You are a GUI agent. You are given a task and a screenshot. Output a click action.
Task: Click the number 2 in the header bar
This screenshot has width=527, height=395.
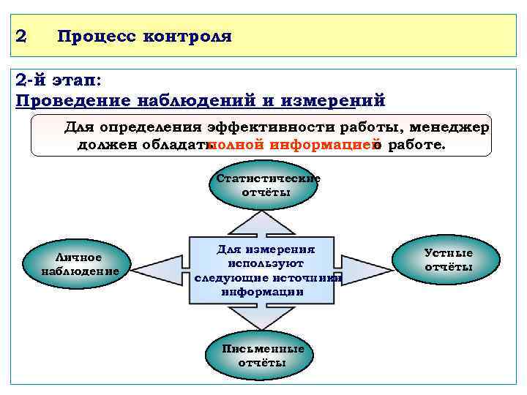[x=21, y=35]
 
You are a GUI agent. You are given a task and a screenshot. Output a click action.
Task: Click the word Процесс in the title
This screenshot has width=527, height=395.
[x=93, y=35]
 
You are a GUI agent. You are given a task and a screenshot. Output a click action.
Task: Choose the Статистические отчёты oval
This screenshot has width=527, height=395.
[x=265, y=186]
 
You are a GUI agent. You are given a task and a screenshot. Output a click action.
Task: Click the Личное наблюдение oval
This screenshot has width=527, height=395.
[x=81, y=264]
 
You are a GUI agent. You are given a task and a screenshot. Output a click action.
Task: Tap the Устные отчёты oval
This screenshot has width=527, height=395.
[x=448, y=260]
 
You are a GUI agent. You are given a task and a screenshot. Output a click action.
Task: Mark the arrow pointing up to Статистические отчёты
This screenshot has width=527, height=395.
[x=264, y=222]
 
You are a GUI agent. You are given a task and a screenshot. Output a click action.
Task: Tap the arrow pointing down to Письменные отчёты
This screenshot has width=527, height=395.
[x=264, y=319]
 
